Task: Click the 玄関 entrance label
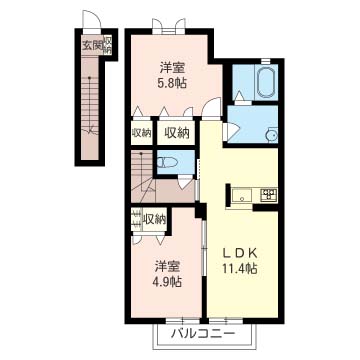(92, 46)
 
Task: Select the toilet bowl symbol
(166, 162)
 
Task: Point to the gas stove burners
(269, 195)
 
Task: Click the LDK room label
(240, 254)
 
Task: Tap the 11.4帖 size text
(240, 268)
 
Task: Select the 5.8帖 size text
(172, 82)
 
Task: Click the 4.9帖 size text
(167, 282)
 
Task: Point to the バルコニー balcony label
(203, 333)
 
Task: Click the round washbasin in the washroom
(272, 135)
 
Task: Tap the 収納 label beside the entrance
(108, 46)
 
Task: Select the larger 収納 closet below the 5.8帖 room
(177, 133)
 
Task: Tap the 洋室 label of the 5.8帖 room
(172, 68)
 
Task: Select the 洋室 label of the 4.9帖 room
(167, 266)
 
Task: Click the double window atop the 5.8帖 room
(169, 27)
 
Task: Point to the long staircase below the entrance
(90, 107)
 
